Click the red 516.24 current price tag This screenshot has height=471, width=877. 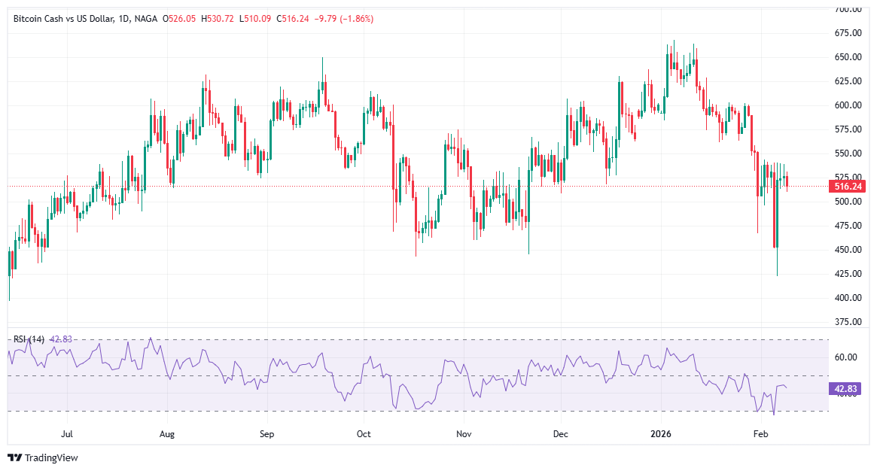[x=845, y=186]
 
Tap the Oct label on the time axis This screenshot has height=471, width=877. [x=364, y=434]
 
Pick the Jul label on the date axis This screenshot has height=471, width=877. [x=67, y=434]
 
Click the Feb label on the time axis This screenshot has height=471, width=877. [x=761, y=434]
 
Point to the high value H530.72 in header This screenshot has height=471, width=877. [x=218, y=18]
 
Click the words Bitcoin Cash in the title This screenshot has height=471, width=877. [x=38, y=18]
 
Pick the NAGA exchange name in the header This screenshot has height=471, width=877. [x=146, y=18]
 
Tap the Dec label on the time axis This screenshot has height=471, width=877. [x=560, y=434]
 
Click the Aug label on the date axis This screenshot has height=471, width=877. [x=167, y=434]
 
